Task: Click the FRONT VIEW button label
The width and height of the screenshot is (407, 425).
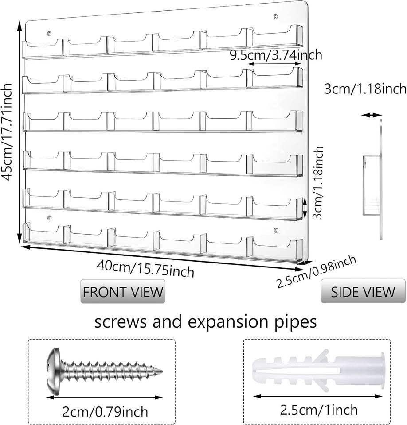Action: pyautogui.click(x=122, y=291)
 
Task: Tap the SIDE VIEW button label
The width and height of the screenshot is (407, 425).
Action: pyautogui.click(x=363, y=291)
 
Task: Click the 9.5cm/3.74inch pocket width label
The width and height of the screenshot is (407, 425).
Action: pyautogui.click(x=275, y=55)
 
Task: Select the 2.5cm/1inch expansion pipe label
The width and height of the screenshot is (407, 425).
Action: pyautogui.click(x=319, y=410)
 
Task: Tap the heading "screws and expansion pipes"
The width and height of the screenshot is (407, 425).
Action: pyautogui.click(x=206, y=322)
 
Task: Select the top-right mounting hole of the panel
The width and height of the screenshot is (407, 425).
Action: pyautogui.click(x=276, y=17)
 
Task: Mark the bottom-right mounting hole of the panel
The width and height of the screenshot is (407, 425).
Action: pyautogui.click(x=276, y=230)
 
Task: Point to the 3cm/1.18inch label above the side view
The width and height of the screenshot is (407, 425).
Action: pyautogui.click(x=365, y=89)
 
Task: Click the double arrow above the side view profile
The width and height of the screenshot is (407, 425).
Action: pyautogui.click(x=371, y=115)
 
